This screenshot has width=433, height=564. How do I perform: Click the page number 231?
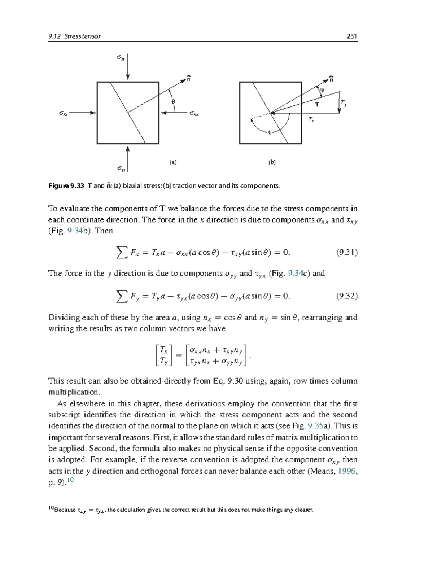point(351,36)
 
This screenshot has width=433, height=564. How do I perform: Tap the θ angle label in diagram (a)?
point(173,101)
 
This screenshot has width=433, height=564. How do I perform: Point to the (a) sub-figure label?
point(173,162)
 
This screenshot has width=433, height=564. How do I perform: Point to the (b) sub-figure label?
point(272,162)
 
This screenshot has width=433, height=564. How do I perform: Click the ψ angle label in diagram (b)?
point(322,90)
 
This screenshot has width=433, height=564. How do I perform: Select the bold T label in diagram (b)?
point(317,105)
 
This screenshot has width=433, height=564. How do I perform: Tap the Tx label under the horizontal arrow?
point(311,119)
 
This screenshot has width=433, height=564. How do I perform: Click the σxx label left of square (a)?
point(64,113)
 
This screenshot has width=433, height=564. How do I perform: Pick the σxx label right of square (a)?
point(194,114)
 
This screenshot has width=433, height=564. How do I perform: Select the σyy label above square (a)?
point(121,57)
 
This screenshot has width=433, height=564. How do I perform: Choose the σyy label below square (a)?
point(121,169)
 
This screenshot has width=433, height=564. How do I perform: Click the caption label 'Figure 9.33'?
point(66,186)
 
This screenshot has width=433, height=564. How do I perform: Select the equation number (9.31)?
point(347,252)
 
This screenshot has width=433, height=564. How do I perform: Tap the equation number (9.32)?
point(347,296)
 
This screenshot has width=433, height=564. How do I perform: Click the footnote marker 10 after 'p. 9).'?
point(71,480)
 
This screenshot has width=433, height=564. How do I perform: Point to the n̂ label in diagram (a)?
point(188,78)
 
